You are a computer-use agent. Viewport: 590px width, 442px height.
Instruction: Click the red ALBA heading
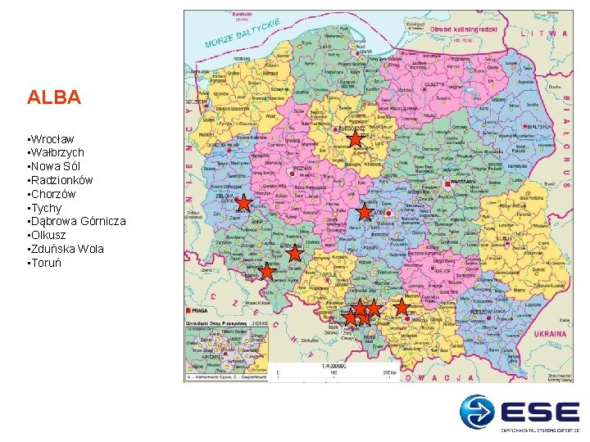pyautogui.click(x=53, y=98)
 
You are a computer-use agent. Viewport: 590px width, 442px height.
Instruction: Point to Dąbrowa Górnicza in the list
pyautogui.click(x=78, y=221)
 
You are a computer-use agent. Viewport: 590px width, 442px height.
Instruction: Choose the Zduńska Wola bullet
pyautogui.click(x=67, y=249)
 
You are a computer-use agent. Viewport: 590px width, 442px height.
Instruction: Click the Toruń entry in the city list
pyautogui.click(x=45, y=263)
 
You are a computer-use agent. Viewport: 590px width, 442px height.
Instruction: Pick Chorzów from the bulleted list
pyautogui.click(x=52, y=194)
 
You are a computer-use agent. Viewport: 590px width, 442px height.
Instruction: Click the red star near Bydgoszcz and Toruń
pyautogui.click(x=354, y=140)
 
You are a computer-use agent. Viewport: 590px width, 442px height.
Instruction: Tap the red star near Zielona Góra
pyautogui.click(x=243, y=202)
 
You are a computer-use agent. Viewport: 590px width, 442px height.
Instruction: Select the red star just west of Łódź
pyautogui.click(x=364, y=212)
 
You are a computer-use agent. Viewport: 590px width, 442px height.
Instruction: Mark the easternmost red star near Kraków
pyautogui.click(x=402, y=307)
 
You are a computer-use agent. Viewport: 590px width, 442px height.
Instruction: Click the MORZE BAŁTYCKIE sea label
pyautogui.click(x=243, y=32)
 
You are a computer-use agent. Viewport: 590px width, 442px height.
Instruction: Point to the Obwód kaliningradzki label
pyautogui.click(x=464, y=29)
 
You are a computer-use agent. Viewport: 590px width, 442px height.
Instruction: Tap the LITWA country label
pyautogui.click(x=550, y=34)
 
